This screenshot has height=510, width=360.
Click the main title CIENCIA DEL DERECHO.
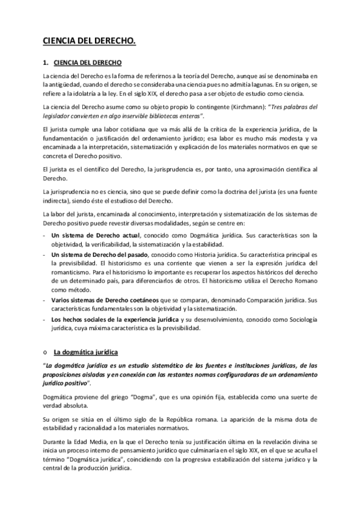point(89,41)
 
